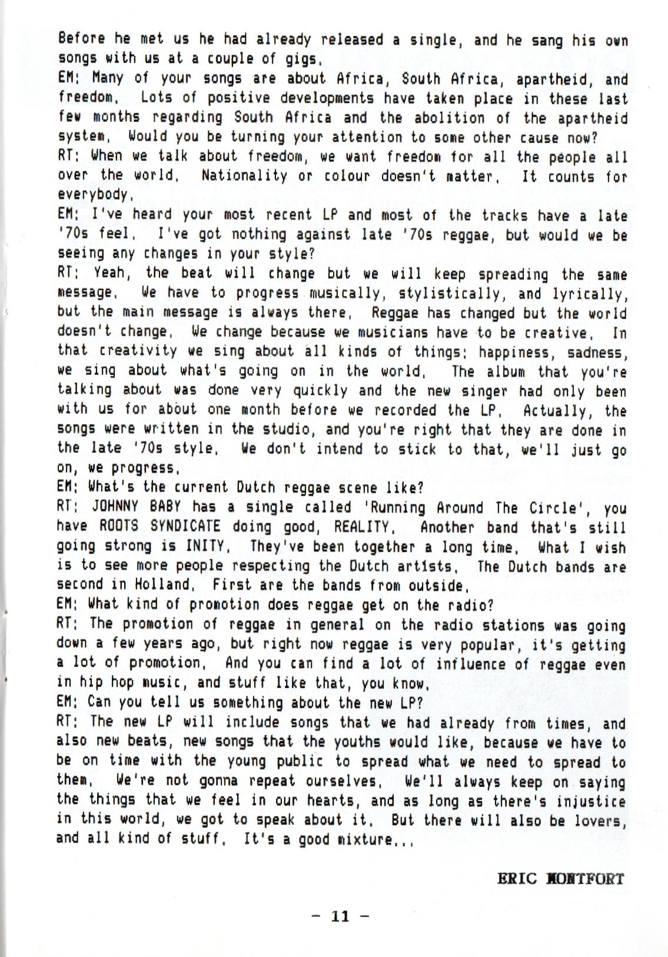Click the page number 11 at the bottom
[x=341, y=916]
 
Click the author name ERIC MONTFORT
[x=560, y=879]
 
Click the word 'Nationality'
[x=245, y=175]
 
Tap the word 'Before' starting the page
[x=79, y=39]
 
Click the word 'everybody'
[x=92, y=195]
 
